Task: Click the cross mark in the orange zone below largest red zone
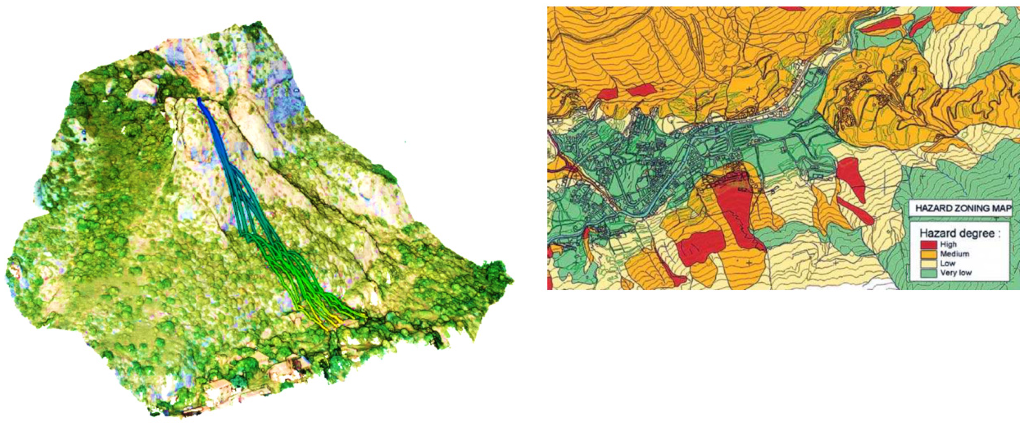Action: (x=750, y=263)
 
